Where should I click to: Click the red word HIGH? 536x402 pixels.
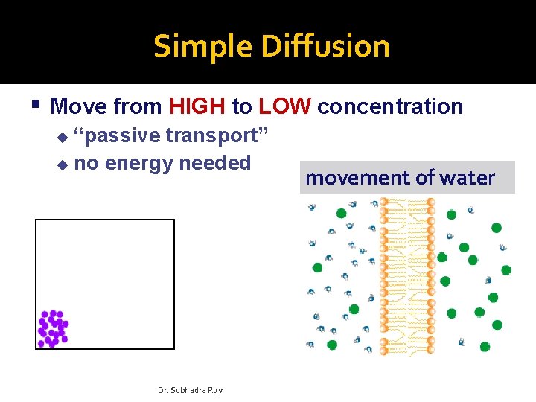pos(197,106)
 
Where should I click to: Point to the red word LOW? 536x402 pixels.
pos(284,106)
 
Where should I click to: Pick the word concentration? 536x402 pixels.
pos(390,106)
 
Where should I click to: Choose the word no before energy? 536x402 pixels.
pos(87,163)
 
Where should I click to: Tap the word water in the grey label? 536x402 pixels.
pos(467,178)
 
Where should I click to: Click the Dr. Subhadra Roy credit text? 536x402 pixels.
pos(191,390)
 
